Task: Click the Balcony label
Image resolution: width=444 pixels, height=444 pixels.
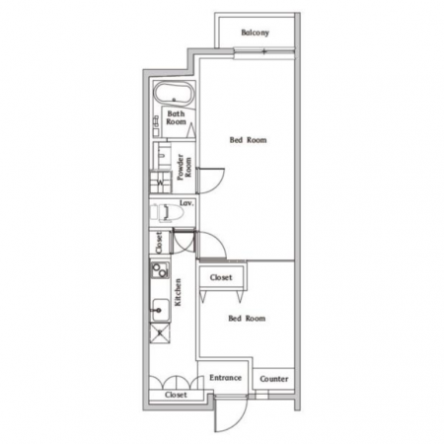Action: [255, 33]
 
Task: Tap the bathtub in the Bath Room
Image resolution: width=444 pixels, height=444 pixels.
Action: [174, 93]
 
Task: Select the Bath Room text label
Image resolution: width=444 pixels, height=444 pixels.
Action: [176, 117]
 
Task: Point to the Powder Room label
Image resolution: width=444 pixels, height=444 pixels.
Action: [184, 167]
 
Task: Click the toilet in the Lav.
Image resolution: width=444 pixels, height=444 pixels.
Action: [167, 212]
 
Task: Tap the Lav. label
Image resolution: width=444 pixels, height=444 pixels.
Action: [186, 203]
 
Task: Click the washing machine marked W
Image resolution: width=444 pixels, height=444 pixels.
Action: [161, 182]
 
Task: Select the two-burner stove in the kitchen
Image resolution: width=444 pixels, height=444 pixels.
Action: [160, 270]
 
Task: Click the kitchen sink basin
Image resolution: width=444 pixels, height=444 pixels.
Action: [160, 310]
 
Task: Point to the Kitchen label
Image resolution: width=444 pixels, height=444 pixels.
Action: [178, 292]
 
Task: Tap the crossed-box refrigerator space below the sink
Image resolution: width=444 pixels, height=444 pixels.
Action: [160, 333]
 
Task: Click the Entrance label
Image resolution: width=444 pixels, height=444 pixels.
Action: [225, 378]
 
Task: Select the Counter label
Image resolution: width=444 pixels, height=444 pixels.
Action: [274, 379]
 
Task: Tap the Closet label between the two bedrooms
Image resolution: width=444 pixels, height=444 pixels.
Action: [221, 277]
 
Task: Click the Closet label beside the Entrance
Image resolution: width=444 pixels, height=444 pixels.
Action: [176, 395]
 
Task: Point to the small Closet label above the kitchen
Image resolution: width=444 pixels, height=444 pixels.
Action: [159, 243]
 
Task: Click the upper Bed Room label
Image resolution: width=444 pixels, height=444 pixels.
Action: [248, 140]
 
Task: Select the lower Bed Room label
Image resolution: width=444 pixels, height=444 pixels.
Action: [247, 319]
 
